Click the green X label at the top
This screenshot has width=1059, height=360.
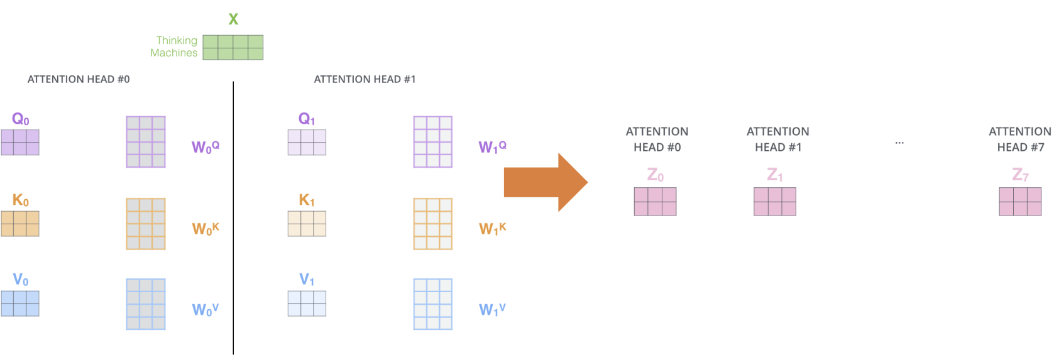pos(233,19)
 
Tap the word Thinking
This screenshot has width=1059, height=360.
pos(177,41)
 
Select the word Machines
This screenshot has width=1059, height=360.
pos(173,53)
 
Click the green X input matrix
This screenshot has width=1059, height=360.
pos(233,47)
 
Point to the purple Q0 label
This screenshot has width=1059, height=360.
pos(20,119)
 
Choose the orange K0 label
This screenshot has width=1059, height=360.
pos(20,200)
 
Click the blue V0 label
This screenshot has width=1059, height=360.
pos(20,280)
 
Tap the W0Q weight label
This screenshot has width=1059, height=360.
pos(205,147)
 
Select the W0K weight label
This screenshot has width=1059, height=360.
pos(205,229)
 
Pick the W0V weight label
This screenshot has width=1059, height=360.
pos(205,310)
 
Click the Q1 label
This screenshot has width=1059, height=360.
pos(306,119)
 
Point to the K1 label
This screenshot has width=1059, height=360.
pos(306,200)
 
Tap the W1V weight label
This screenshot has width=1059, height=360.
pos(492,310)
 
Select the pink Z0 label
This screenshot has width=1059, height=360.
pos(656,175)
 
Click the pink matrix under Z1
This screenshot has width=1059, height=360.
pos(775,202)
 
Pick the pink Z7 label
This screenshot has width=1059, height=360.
pos(1020,175)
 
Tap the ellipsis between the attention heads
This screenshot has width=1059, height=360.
pos(899,143)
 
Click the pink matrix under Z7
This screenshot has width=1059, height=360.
pos(1020,202)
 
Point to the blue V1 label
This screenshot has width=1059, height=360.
pos(306,280)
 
